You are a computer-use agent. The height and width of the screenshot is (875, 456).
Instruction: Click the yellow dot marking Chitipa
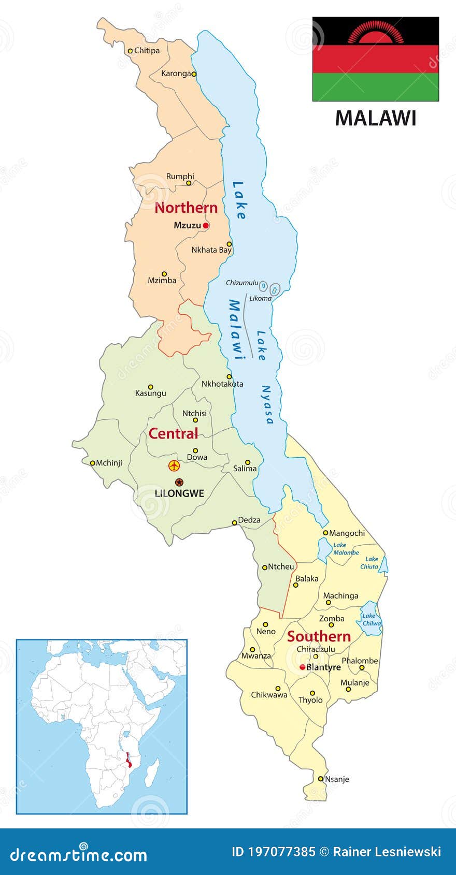(131, 51)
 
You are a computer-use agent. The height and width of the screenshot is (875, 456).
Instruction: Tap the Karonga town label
(176, 74)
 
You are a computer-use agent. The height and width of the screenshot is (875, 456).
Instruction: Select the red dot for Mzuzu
(206, 226)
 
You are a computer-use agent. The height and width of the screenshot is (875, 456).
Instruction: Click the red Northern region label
(186, 208)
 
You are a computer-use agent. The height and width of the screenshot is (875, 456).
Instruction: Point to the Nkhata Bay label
(211, 250)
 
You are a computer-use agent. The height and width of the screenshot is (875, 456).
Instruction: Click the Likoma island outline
(275, 289)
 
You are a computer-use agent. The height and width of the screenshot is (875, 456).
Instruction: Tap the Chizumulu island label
(241, 283)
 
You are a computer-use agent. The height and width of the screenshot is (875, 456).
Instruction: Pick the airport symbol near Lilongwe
(174, 465)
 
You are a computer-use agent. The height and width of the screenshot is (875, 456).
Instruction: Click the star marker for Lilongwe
(179, 482)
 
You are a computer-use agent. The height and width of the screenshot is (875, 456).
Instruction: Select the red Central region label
(173, 433)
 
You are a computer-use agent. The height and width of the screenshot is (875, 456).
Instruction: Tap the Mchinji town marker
(93, 463)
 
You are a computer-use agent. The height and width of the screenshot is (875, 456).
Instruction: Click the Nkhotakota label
(222, 384)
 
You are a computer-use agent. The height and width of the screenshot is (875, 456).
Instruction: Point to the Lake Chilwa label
(371, 619)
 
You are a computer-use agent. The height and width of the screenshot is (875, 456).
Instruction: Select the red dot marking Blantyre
(303, 667)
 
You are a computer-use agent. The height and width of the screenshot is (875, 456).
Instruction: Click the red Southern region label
(319, 636)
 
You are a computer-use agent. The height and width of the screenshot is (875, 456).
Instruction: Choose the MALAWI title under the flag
(375, 118)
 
